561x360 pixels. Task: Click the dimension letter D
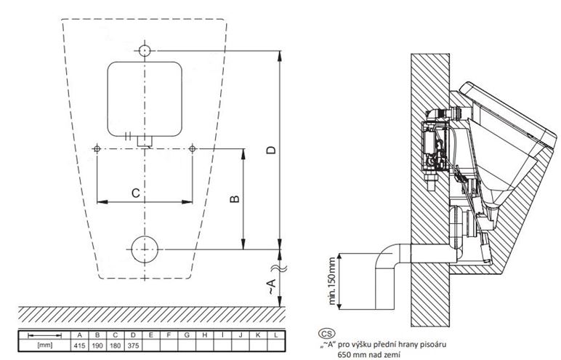click(x=272, y=149)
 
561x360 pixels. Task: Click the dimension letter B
click(x=235, y=199)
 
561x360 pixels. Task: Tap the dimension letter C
click(x=135, y=193)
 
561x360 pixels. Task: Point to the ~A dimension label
click(x=272, y=287)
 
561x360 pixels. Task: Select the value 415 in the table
click(x=79, y=345)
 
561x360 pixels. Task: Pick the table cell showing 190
click(x=97, y=345)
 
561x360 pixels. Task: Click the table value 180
click(x=116, y=345)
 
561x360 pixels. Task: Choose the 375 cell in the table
click(x=133, y=345)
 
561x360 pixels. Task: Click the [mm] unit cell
click(x=45, y=345)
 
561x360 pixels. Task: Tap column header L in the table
click(x=276, y=335)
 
